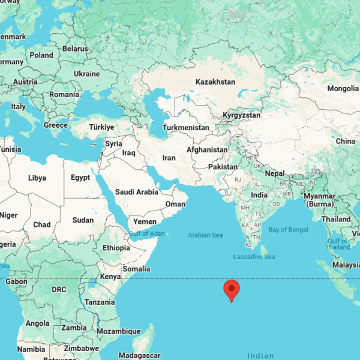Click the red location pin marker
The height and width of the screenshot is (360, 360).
click(x=232, y=289)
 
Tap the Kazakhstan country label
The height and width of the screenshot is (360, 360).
click(x=215, y=82)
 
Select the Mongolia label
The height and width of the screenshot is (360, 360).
click(x=343, y=88)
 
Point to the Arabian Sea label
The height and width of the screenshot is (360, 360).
click(x=205, y=235)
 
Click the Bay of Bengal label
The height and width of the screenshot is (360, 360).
click(x=289, y=230)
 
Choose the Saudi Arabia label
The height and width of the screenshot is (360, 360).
click(x=137, y=192)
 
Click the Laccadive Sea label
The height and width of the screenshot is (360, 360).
click(x=254, y=257)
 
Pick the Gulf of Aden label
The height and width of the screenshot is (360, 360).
click(x=146, y=233)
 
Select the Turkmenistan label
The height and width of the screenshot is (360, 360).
click(x=186, y=128)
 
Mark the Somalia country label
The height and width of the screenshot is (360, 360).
click(x=136, y=269)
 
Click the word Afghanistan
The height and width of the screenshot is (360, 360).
click(x=207, y=150)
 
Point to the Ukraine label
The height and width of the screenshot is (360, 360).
click(x=87, y=74)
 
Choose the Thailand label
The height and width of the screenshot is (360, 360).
click(x=336, y=219)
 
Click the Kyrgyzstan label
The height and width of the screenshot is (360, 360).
click(x=242, y=115)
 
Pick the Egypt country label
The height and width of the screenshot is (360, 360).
click(x=80, y=178)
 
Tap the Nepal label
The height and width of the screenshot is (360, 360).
click(x=275, y=173)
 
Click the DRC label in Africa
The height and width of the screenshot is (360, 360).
click(x=59, y=289)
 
